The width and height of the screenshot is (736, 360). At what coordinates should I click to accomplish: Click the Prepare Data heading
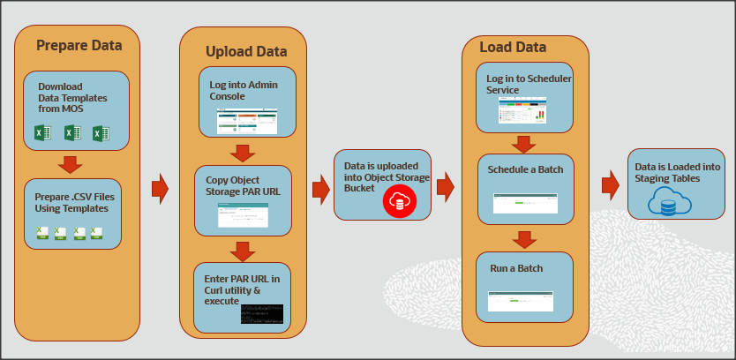coord(79,45)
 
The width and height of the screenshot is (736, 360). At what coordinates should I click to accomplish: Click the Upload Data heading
coord(246,51)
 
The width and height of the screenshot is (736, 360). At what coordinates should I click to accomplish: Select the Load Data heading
coord(512,47)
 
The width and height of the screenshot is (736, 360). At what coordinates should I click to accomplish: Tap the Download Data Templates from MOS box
coord(76,109)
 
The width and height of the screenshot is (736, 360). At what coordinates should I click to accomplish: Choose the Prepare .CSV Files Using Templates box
coord(73,213)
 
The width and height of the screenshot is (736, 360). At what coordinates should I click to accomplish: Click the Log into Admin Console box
coord(246,102)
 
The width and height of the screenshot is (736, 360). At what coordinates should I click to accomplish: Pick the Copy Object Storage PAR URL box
coord(243,199)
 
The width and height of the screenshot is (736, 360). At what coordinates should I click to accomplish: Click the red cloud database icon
coord(398,202)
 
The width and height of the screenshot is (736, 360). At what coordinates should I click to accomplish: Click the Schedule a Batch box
coord(525,189)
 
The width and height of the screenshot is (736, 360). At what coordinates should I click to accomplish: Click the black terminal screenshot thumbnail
coord(261,313)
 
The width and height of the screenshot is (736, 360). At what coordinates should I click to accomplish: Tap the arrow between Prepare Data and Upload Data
coord(160,188)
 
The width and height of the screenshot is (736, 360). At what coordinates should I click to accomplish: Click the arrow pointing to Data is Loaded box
coord(609,185)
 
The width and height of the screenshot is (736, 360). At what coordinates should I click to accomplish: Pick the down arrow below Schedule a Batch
coord(525,239)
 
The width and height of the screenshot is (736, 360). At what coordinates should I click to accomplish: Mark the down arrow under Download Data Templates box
coord(70,164)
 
